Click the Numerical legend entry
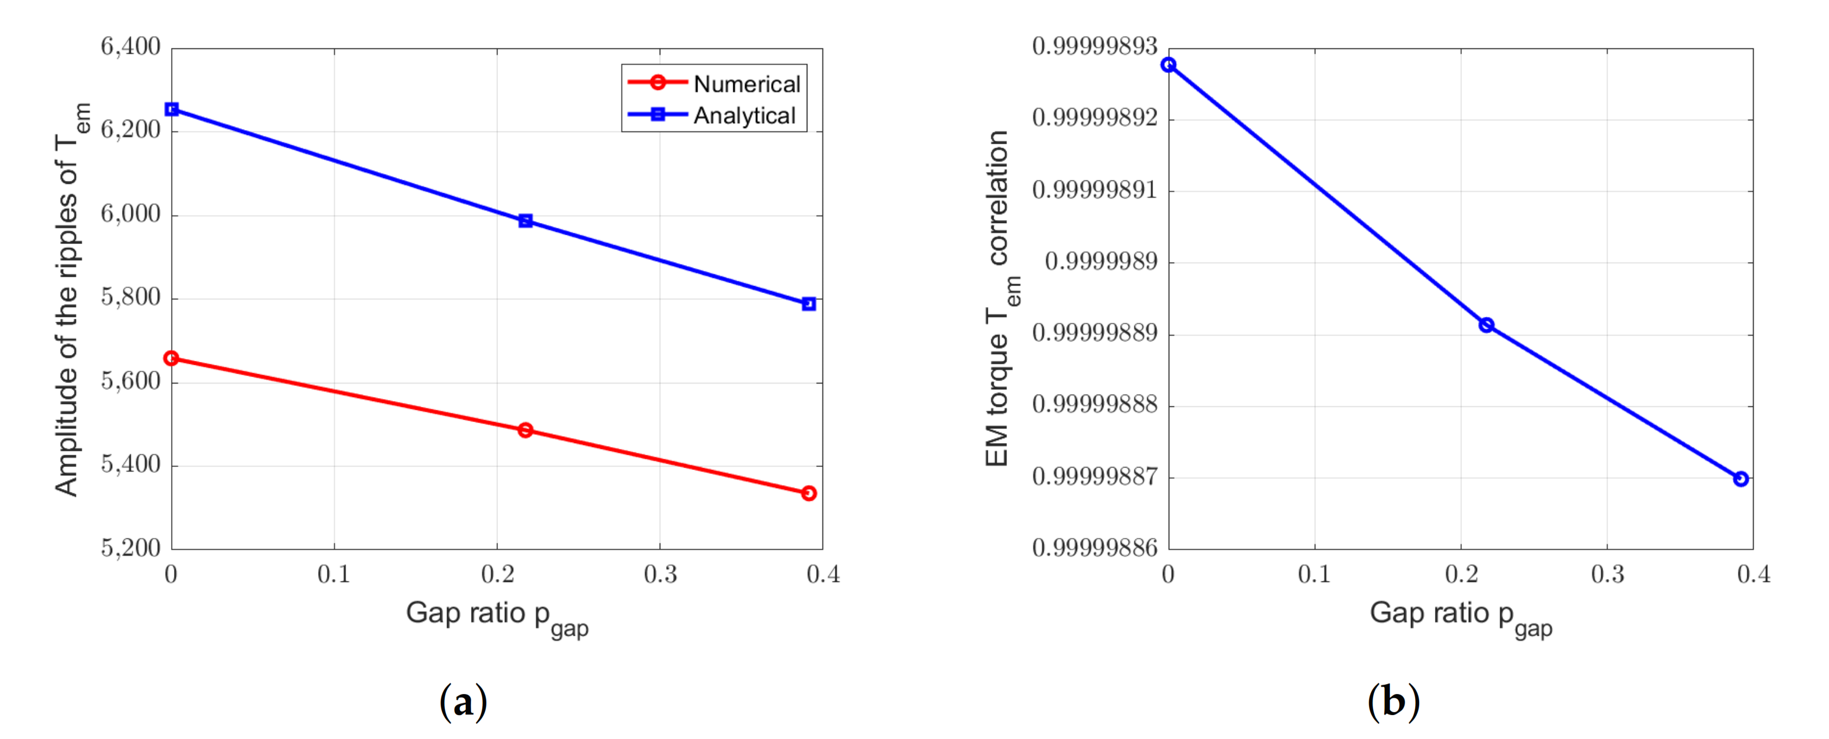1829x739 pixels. [746, 84]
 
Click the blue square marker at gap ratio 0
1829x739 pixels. [172, 109]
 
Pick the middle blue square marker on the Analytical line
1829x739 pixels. [525, 221]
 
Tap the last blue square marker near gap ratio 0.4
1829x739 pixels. [808, 304]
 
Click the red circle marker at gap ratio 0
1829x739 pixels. [172, 358]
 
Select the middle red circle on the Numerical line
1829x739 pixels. [525, 430]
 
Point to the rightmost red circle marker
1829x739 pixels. [808, 493]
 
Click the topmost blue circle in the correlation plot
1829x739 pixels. [1169, 65]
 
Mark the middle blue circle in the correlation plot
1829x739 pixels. [1486, 325]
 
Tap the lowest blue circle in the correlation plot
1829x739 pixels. [1740, 479]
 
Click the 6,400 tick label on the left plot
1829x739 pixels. [131, 47]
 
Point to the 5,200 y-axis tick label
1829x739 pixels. [131, 548]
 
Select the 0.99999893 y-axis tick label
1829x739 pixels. [1094, 47]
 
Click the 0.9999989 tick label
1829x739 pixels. [1100, 262]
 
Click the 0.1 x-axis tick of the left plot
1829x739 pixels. [334, 574]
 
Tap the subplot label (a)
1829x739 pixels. [463, 702]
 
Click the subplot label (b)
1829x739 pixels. [1393, 702]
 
